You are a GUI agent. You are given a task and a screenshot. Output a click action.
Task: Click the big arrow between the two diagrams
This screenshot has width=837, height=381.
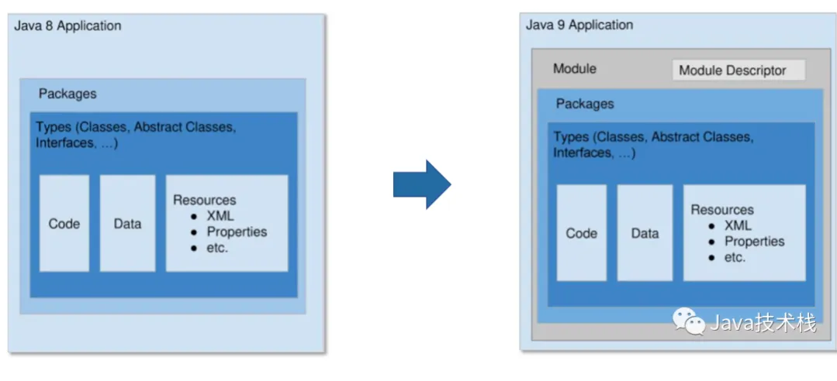point(421,184)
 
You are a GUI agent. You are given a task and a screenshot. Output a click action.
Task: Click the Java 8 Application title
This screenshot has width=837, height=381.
point(68,26)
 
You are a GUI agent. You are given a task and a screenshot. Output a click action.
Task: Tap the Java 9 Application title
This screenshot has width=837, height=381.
point(579,25)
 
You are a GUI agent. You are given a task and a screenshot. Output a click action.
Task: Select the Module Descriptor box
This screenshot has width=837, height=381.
point(738,70)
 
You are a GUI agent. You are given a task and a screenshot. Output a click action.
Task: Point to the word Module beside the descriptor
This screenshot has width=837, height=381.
point(574,69)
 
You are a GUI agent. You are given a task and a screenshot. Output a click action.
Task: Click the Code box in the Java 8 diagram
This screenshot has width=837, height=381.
point(64,224)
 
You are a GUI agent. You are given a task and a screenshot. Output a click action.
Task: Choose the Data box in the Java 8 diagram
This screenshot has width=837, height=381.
point(127,224)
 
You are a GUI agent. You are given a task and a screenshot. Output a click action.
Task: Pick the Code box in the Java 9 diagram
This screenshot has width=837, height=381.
point(581,233)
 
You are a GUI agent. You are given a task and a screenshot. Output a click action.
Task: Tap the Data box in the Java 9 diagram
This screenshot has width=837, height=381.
point(645,233)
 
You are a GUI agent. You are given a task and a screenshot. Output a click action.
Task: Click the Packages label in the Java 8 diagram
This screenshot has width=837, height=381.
point(67,94)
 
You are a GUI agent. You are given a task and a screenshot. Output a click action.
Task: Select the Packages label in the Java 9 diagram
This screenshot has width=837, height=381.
point(585,104)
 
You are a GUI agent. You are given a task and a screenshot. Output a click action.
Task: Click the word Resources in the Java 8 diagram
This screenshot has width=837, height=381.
point(204,200)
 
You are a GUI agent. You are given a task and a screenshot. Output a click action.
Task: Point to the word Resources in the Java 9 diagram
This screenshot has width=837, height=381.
point(722,210)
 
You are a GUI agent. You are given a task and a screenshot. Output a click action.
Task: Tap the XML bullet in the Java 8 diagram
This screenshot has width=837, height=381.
point(220,216)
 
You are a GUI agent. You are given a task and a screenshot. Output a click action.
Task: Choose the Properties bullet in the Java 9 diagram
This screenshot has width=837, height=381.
point(754,242)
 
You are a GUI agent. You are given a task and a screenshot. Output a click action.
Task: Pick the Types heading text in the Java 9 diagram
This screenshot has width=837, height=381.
point(652,145)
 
